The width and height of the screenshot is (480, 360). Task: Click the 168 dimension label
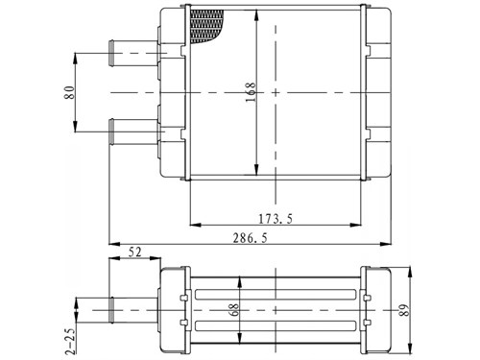tap(251, 92)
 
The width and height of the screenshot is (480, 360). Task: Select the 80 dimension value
tap(70, 92)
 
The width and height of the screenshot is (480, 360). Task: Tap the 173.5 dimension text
tap(276, 219)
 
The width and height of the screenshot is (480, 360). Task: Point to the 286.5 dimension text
tap(250, 238)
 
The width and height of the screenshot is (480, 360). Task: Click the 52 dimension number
tap(134, 252)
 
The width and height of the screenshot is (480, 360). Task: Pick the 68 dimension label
tap(234, 310)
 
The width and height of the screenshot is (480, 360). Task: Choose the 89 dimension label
tap(404, 310)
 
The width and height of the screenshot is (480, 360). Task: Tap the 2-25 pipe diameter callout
tap(71, 342)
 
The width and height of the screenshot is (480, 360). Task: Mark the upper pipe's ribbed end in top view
tap(111, 53)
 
